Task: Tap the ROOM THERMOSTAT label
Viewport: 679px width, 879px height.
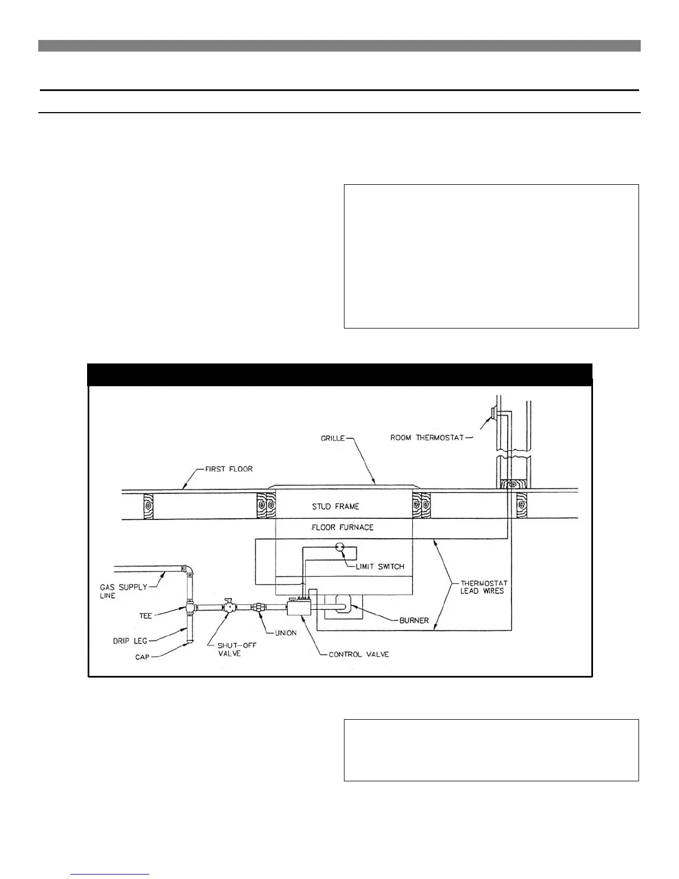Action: tap(427, 438)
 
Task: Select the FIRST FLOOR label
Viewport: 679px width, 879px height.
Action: tap(229, 469)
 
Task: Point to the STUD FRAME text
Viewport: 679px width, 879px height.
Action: tap(335, 506)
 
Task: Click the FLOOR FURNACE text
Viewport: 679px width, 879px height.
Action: tap(342, 527)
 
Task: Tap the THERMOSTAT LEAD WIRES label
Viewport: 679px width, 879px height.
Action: tap(484, 587)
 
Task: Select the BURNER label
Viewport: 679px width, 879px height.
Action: tap(414, 620)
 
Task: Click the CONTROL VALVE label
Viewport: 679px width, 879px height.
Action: tap(358, 654)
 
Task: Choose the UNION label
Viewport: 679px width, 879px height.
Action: tap(286, 633)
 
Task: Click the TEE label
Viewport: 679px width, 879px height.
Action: tap(145, 615)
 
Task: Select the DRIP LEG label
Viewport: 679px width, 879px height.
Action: tap(130, 641)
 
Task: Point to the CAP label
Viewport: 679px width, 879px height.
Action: tap(142, 658)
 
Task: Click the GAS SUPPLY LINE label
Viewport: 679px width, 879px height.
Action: tap(123, 591)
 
